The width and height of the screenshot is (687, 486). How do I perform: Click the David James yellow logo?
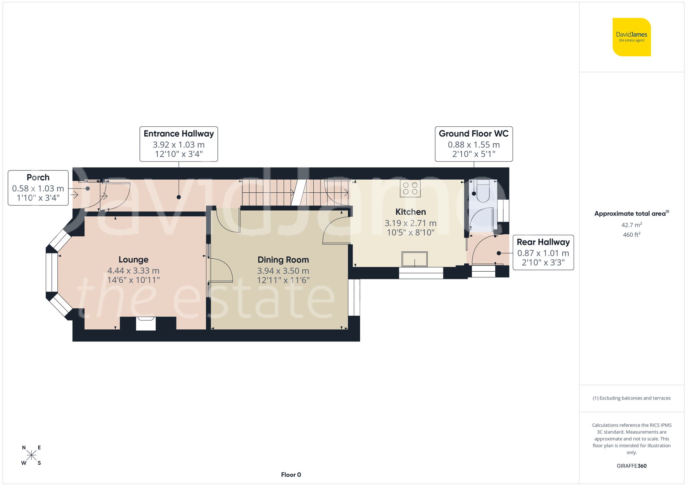(631, 37)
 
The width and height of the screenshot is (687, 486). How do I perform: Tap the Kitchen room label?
(410, 212)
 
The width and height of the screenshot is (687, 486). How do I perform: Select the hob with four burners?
(410, 188)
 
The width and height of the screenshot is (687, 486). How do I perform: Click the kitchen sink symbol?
(415, 259)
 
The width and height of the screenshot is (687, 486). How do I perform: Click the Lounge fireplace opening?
(146, 324)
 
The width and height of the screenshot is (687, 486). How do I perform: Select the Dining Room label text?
(283, 260)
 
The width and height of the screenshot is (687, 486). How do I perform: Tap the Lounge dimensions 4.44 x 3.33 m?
(133, 271)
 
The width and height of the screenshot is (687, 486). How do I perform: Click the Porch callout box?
(38, 188)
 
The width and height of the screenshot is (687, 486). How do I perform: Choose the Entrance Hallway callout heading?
(179, 134)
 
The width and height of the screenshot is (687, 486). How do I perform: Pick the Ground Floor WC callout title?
(473, 134)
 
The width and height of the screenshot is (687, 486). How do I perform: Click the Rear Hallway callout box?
(543, 252)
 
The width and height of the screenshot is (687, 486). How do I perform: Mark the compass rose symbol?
(31, 455)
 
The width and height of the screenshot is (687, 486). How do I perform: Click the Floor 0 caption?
(291, 475)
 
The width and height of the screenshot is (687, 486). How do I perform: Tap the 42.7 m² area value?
(631, 225)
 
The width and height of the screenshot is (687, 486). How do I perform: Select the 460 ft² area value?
(631, 235)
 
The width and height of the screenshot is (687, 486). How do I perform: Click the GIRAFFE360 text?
(631, 466)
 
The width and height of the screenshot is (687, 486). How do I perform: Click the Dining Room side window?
(354, 297)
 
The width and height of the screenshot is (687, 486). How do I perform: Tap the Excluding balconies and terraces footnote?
(631, 398)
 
